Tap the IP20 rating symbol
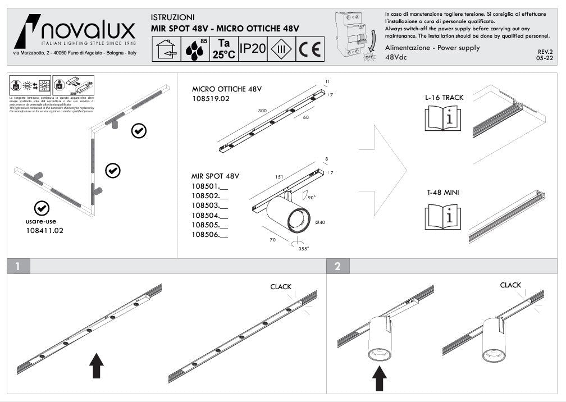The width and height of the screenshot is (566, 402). coord(252,49)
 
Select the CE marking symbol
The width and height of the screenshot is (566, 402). coord(309,49)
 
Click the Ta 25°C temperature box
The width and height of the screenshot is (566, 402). coord(223,49)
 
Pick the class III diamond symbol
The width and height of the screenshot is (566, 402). coord(281,49)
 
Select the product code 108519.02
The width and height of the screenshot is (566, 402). coord(211,98)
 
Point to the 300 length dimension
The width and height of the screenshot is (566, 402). coord(262,111)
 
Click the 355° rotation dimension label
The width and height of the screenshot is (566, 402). coord(303,248)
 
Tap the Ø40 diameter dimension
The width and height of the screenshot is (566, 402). coord(320,223)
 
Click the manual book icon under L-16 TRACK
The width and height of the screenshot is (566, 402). coord(444,118)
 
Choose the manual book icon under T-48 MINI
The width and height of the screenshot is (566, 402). coord(444,216)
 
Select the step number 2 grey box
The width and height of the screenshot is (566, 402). coord(337,266)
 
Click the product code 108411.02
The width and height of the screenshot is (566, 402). coord(45,230)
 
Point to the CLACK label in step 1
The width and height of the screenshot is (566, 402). coord(281,287)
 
